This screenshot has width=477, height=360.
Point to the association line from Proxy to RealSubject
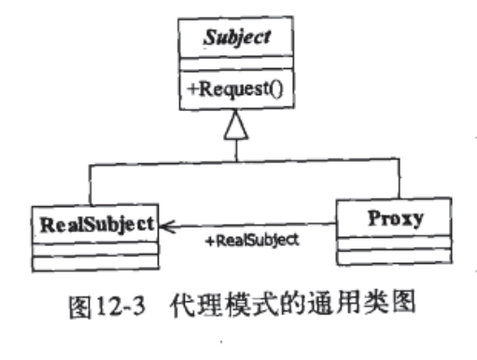click(280, 224)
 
